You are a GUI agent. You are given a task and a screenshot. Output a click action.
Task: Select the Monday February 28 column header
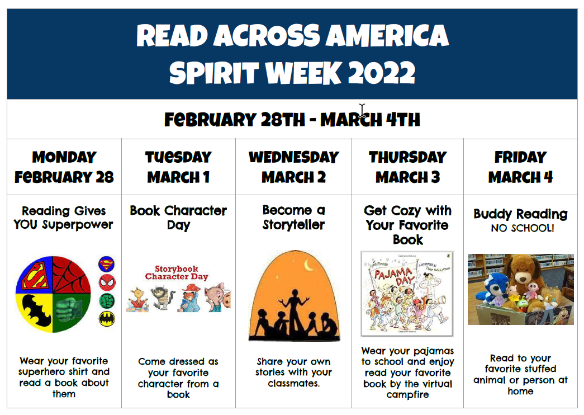click(x=64, y=167)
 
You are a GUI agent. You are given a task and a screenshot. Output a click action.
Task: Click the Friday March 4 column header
click(x=521, y=167)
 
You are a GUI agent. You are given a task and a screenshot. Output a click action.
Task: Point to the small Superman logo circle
click(x=107, y=265)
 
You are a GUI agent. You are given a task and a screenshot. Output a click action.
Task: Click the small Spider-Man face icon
click(x=107, y=282)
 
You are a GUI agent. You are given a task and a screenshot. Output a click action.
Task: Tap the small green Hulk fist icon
click(x=107, y=300)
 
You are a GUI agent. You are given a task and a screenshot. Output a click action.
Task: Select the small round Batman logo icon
click(x=107, y=319)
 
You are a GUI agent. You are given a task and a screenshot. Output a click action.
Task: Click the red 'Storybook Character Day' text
click(x=177, y=272)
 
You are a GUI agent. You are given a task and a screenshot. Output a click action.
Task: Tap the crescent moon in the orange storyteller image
click(x=308, y=265)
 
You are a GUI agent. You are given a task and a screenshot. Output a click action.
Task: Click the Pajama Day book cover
click(x=407, y=294)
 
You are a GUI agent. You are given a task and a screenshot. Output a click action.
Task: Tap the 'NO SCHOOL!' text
click(x=522, y=228)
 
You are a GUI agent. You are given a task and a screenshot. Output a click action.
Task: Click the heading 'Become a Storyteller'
click(x=293, y=218)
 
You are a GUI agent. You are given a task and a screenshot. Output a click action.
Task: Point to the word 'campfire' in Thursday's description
click(x=407, y=395)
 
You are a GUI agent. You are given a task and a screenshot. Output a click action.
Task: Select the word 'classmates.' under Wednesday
click(x=293, y=383)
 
